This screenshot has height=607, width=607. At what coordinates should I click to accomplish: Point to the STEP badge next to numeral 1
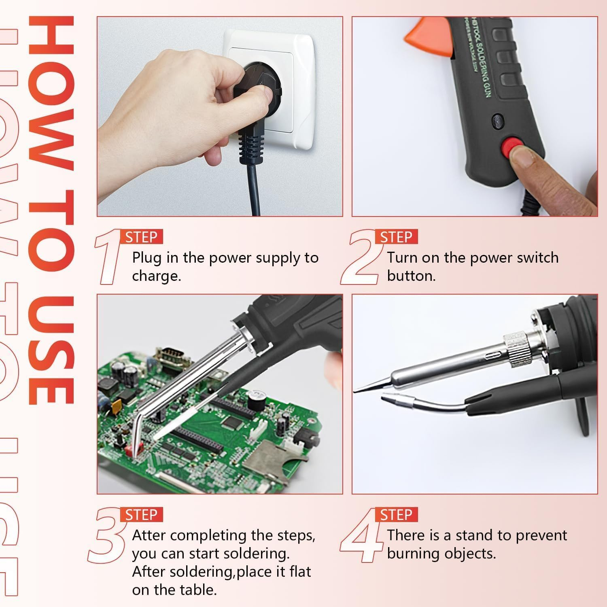pos(141,237)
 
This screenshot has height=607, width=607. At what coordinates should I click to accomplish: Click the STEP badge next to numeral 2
pos(396,237)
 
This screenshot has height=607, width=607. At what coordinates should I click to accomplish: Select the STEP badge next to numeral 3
pos(141,515)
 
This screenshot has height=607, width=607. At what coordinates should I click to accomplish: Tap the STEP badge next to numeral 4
pos(396,515)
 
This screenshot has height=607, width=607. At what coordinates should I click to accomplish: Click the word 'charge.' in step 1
pos(156,276)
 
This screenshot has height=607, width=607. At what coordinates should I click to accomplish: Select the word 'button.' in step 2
pos(411,276)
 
